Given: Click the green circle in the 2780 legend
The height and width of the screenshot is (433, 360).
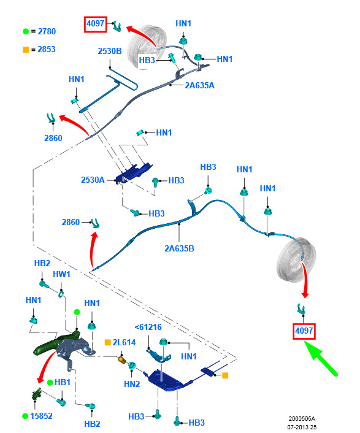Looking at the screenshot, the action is pos(26,31).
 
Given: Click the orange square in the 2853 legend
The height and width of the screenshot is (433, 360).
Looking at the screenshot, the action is pos(26,50).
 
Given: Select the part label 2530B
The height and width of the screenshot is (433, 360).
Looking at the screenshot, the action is pos(110,51).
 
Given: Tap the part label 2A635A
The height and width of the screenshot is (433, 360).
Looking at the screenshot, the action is pos(199,85).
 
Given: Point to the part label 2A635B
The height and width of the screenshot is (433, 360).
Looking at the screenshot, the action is pos(179,248).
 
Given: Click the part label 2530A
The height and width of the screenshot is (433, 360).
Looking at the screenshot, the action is pos(93,180).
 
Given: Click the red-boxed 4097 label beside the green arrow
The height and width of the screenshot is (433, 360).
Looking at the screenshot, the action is pos(304,331).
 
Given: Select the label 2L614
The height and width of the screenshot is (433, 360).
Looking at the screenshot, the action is pos(124,342).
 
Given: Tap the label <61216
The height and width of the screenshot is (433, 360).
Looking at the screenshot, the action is pos(148,328).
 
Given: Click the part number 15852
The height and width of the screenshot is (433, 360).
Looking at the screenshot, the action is pos(41,416).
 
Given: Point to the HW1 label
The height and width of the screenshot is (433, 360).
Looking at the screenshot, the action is pos(61,274).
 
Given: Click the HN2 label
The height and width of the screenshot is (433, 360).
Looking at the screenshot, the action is pos(132,384).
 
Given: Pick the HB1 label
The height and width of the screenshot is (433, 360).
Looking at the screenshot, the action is pos(63,382).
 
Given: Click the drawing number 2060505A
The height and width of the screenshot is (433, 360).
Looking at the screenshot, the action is pos(302,419).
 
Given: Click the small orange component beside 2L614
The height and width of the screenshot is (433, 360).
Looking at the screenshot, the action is pos(122,359).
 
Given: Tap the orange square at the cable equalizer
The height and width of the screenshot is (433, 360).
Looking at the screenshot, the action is pos(225,375).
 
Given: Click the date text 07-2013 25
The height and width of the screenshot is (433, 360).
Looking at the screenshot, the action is pos(302,427).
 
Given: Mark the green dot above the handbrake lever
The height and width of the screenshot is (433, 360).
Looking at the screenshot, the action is pos(77,312).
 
